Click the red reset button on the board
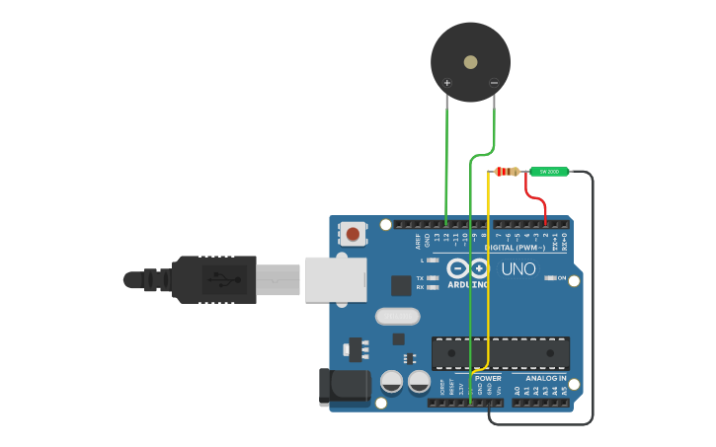coord(353,234)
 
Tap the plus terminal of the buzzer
coord(447,84)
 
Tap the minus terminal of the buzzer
coord(494,84)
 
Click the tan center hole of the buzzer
coord(470,62)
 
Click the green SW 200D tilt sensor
coord(549,172)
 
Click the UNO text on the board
coord(518,268)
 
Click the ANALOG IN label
coord(546,378)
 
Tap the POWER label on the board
coord(488,378)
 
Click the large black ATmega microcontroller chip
coord(500,353)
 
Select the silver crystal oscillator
coord(397,317)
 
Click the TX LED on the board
coord(433,278)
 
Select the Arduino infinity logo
coord(468,268)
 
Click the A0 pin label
coord(517,392)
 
